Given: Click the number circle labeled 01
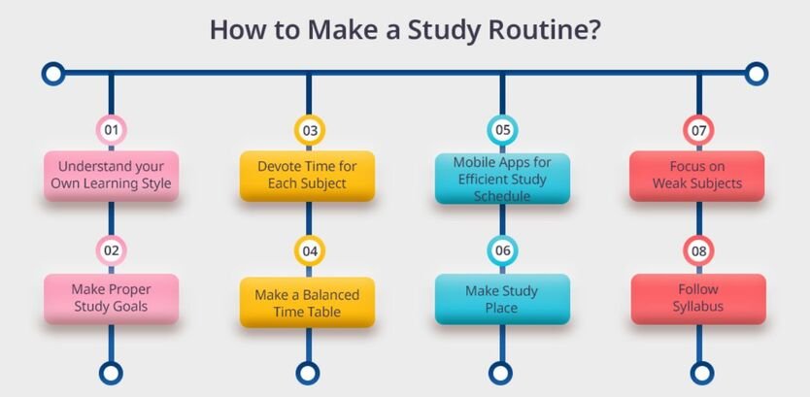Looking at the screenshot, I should pyautogui.click(x=112, y=129).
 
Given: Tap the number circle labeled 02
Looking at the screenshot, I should pyautogui.click(x=112, y=250).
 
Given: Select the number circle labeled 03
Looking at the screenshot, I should pyautogui.click(x=309, y=129).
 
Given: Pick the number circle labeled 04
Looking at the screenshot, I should pyautogui.click(x=309, y=250).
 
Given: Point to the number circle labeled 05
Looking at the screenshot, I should pyautogui.click(x=502, y=129).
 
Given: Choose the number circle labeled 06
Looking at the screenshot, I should pyautogui.click(x=502, y=250).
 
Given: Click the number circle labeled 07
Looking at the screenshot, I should pyautogui.click(x=699, y=129).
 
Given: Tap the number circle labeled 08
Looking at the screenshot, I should pyautogui.click(x=699, y=250).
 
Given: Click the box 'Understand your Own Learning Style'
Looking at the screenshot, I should pyautogui.click(x=112, y=176).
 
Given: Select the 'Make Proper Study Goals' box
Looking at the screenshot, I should pyautogui.click(x=112, y=298).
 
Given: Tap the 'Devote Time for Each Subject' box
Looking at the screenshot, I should pyautogui.click(x=308, y=176).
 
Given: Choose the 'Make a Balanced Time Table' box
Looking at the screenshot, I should pyautogui.click(x=308, y=302).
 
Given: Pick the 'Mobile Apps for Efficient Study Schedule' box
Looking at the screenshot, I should pyautogui.click(x=502, y=178).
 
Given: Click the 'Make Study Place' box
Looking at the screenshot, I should pyautogui.click(x=502, y=299).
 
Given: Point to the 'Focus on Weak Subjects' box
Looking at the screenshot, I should pyautogui.click(x=697, y=176).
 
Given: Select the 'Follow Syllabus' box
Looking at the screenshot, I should pyautogui.click(x=697, y=299).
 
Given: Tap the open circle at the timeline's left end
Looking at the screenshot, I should pyautogui.click(x=53, y=73).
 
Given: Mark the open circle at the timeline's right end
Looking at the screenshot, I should pyautogui.click(x=757, y=73).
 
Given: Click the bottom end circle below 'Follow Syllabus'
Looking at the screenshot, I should pyautogui.click(x=699, y=372).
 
